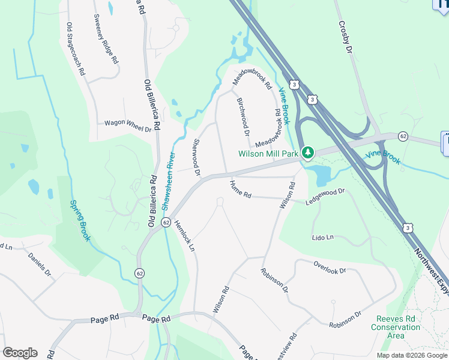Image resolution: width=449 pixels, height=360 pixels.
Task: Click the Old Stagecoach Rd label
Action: [75, 49]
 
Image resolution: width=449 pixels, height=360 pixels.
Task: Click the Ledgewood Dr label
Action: [325, 196]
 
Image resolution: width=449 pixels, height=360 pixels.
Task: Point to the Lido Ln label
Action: [322, 238]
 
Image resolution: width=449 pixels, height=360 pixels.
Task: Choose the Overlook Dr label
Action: [330, 266]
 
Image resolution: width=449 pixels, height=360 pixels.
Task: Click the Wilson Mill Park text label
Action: [268, 154]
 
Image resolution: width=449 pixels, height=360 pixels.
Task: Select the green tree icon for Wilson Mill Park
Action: [307, 153]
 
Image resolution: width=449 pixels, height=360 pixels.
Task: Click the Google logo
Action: [20, 353]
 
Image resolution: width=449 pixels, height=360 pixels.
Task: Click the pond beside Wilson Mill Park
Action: [320, 175]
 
